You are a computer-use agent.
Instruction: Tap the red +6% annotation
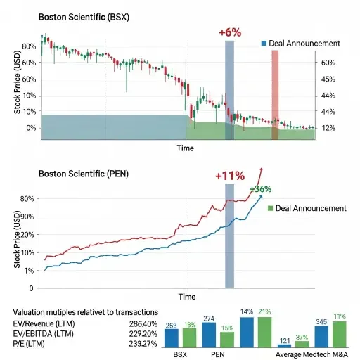[230, 32]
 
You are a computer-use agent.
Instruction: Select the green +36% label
[260, 189]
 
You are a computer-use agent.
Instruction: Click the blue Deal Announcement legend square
[264, 44]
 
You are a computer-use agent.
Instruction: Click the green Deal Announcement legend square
[269, 208]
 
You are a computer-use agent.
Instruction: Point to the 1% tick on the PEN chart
[27, 271]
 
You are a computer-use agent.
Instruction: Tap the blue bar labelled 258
[171, 339]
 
